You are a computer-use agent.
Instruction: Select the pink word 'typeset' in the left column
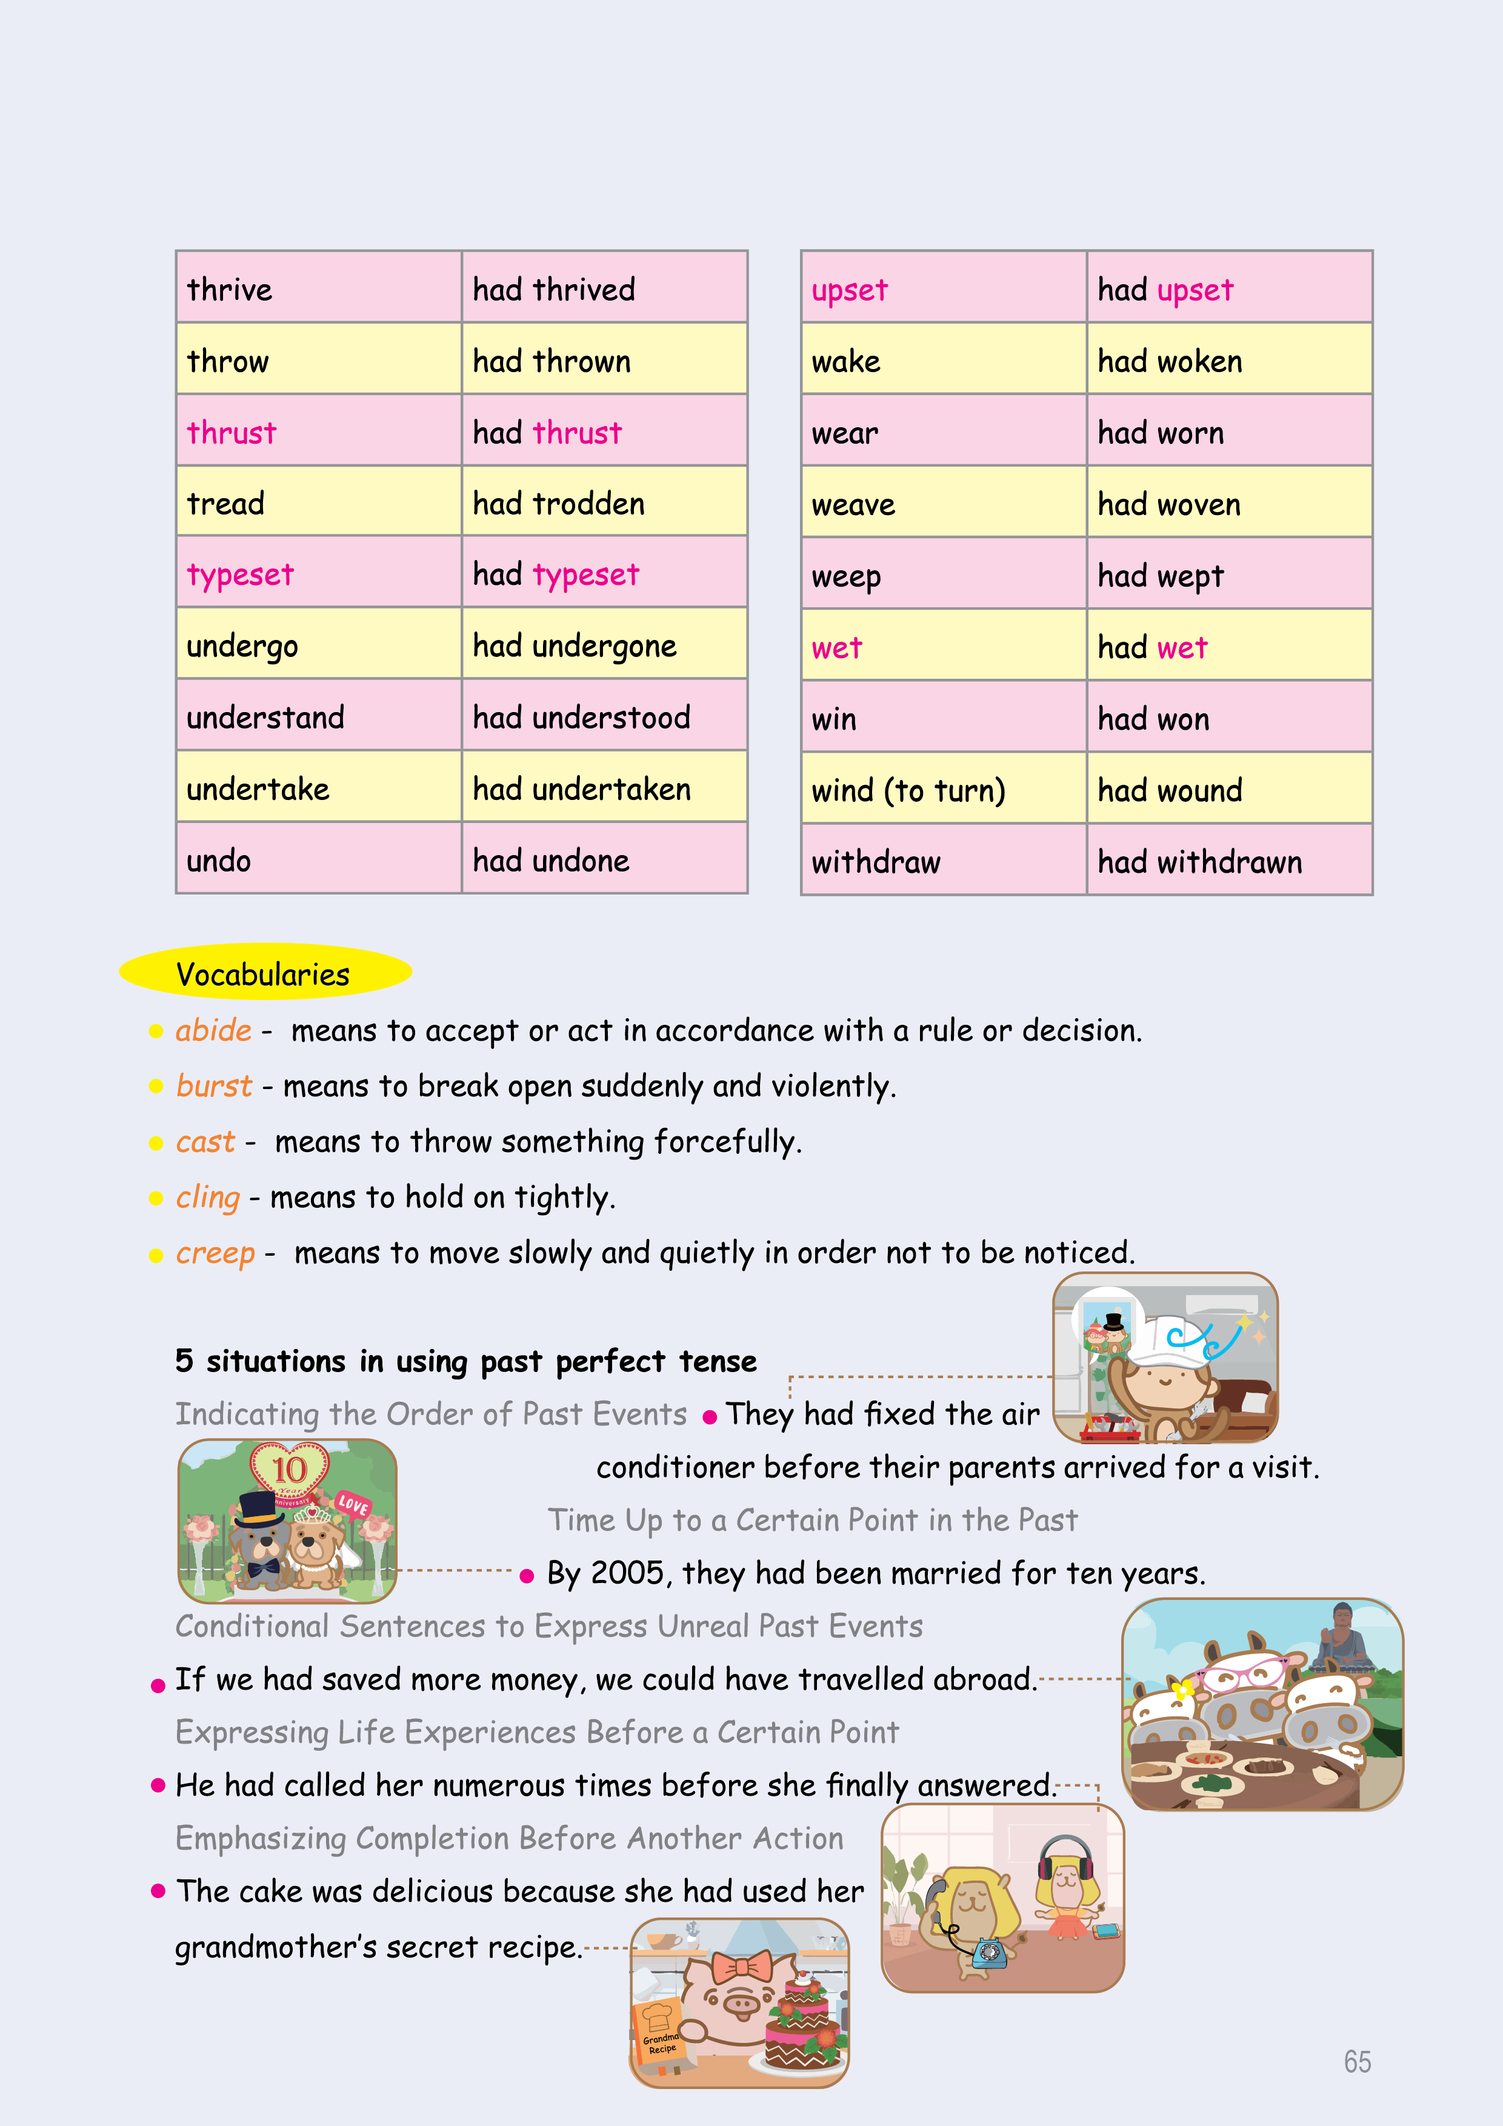click(240, 575)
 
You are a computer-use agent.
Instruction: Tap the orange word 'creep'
click(215, 1253)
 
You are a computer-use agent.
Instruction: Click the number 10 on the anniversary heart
click(289, 1470)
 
